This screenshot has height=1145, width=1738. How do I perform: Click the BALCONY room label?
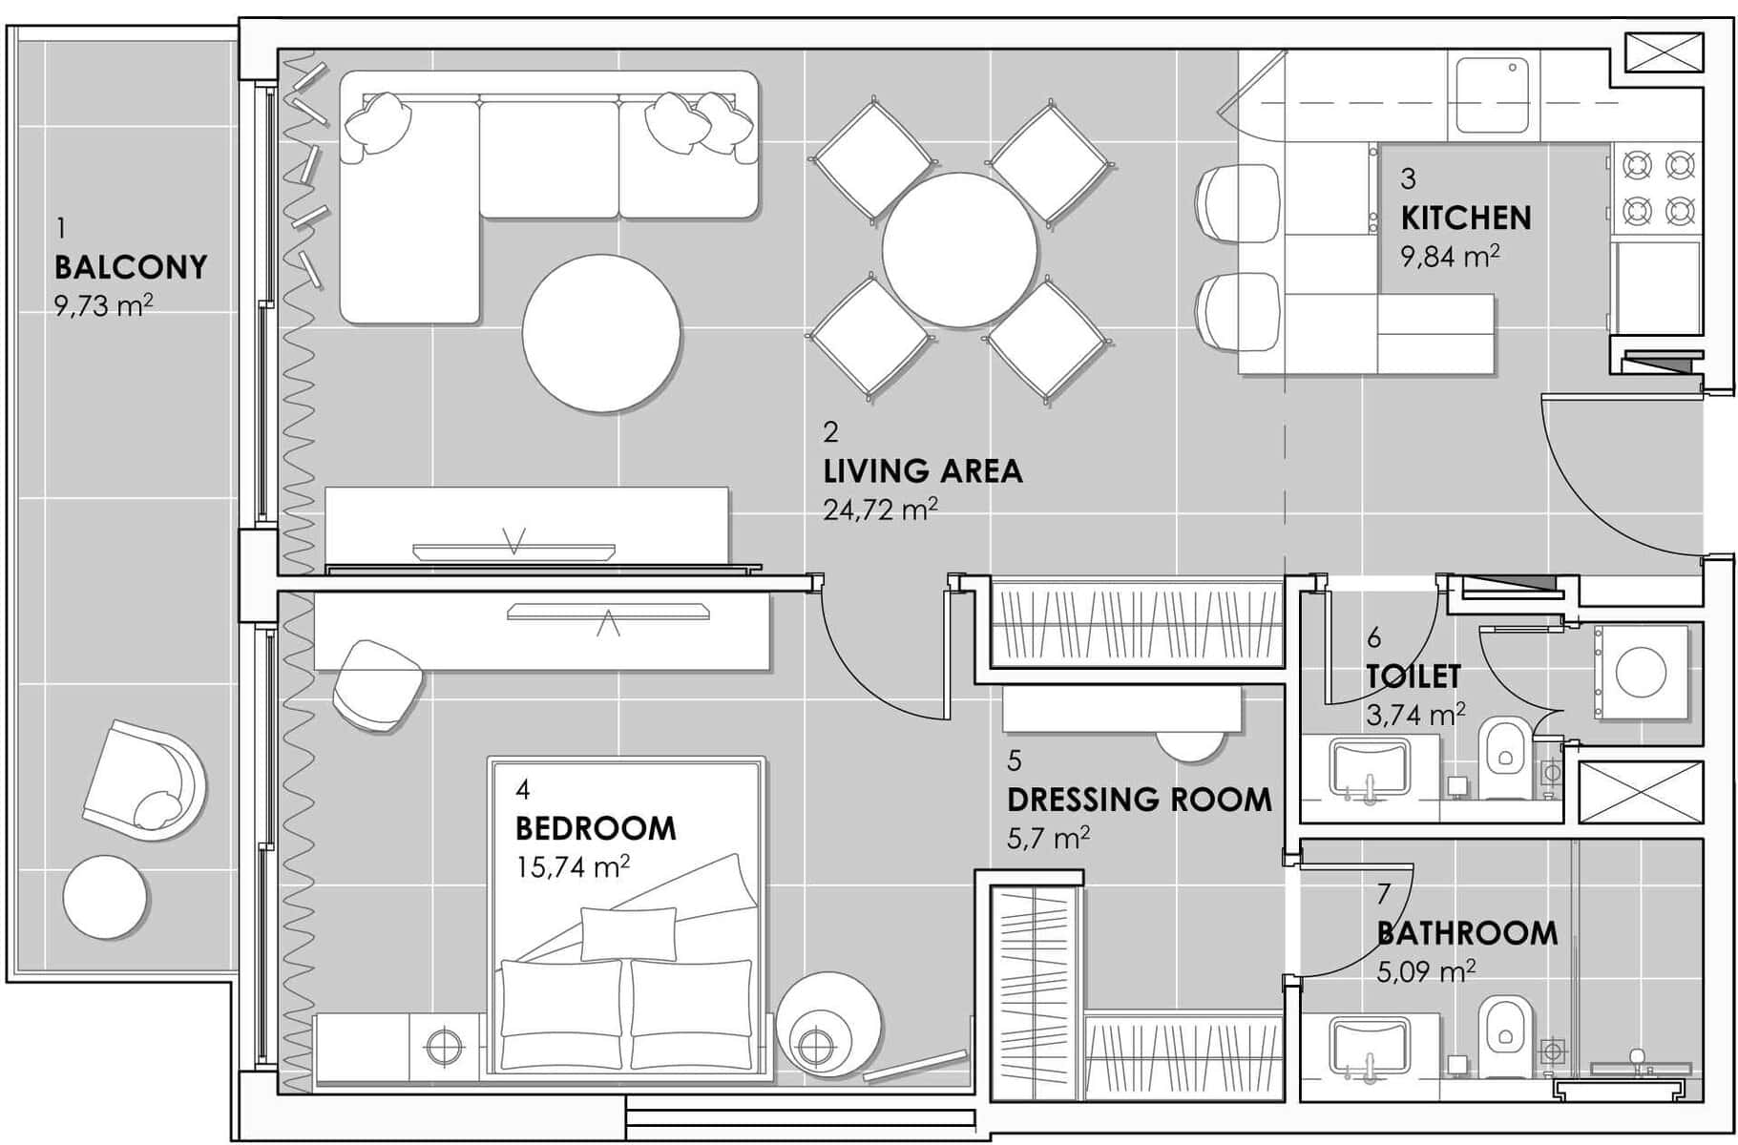coord(131,267)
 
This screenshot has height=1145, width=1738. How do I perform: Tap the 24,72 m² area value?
coord(880,510)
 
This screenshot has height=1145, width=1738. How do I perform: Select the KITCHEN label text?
coord(1466,218)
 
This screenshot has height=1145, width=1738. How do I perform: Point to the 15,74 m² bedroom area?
coord(572,866)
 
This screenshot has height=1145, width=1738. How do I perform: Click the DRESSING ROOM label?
coord(1140,800)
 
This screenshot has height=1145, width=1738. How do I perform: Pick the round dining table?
coord(959,250)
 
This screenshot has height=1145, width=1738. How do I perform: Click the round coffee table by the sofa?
coord(601,333)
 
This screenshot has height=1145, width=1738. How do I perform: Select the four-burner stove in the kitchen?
coord(1659,187)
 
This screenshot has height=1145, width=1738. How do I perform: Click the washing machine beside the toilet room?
coord(1640,672)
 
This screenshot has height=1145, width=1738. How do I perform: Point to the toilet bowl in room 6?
coord(1504,759)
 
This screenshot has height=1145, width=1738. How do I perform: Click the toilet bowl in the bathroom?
coord(1504,1035)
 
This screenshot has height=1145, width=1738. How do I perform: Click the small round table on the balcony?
coord(106,897)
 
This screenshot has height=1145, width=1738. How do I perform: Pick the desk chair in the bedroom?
coord(378,685)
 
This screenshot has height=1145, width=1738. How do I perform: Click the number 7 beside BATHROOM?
coord(1384,894)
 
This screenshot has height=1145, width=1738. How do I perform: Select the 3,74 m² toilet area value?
coord(1416,715)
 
